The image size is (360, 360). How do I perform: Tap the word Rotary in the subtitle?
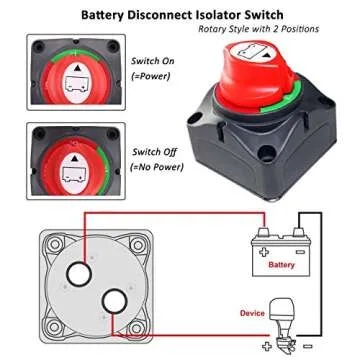click(x=215, y=31)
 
